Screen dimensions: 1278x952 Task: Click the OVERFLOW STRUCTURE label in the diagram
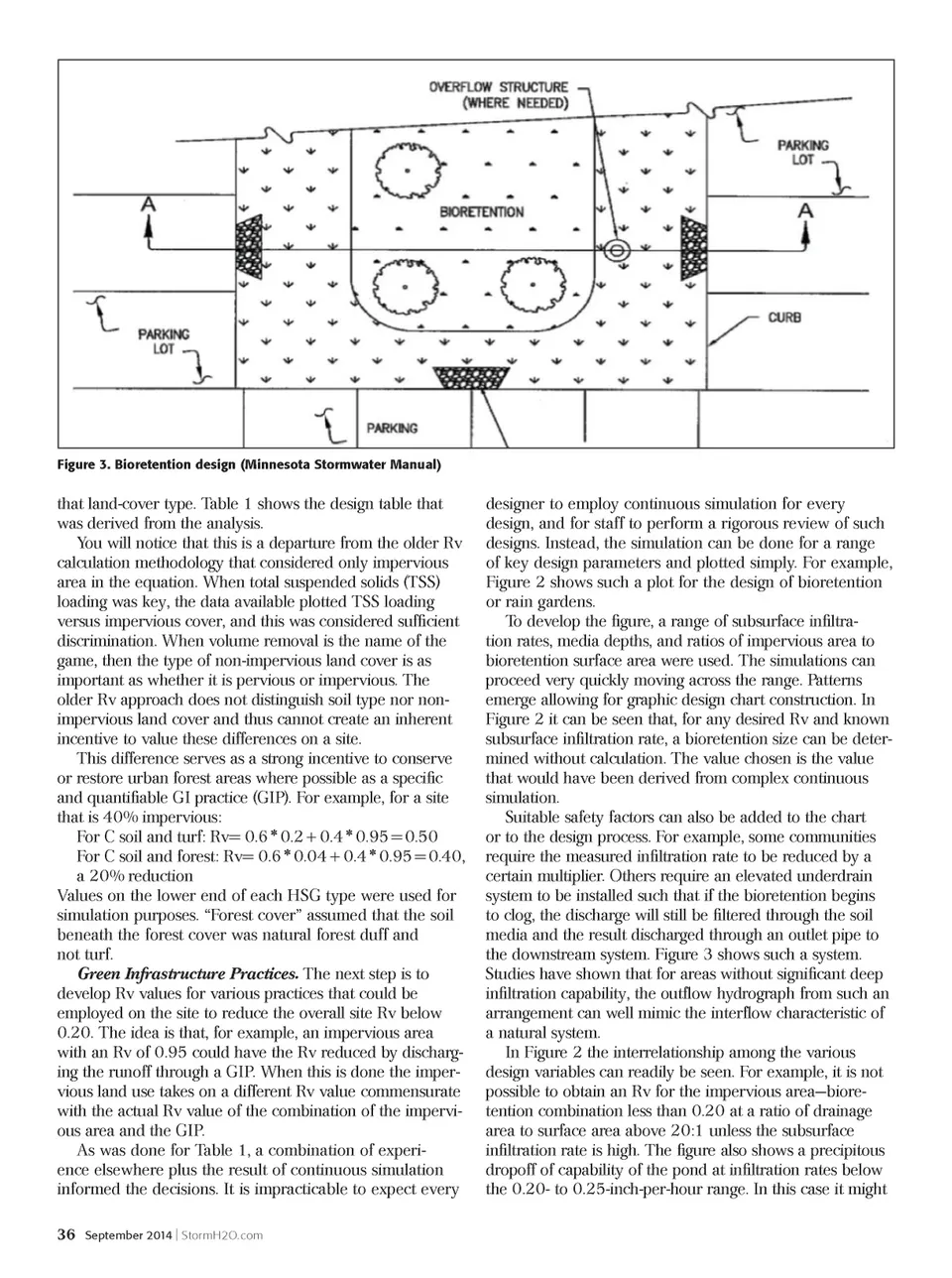click(498, 87)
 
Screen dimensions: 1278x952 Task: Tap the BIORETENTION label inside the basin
click(481, 212)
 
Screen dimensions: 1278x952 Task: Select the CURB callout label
click(783, 318)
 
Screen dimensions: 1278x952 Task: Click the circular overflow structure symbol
click(617, 251)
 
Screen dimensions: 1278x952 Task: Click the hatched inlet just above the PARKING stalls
click(473, 377)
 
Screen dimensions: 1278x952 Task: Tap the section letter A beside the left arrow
click(149, 206)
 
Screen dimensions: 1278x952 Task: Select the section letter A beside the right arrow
click(805, 210)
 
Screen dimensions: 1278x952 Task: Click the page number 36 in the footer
click(65, 1235)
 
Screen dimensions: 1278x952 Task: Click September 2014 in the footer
click(128, 1235)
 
